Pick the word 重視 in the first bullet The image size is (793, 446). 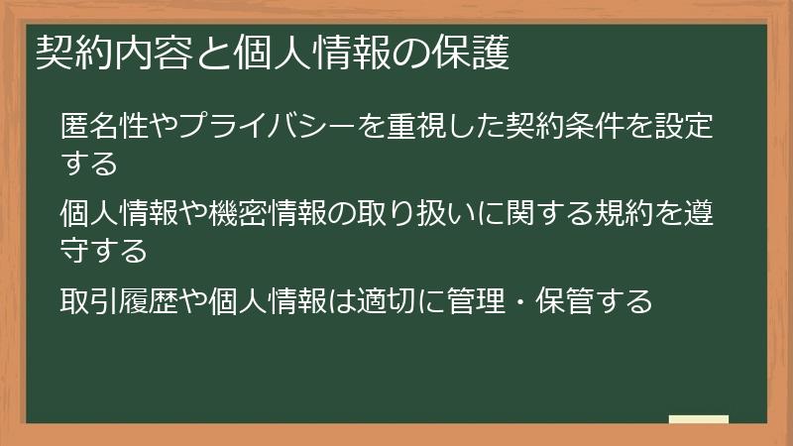click(x=403, y=127)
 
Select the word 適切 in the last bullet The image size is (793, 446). click(x=401, y=299)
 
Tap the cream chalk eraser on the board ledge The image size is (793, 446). click(x=699, y=419)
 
